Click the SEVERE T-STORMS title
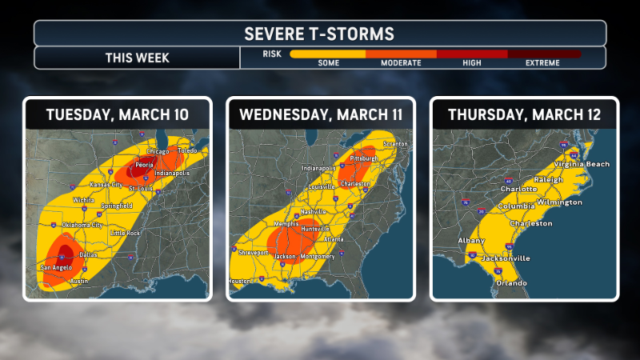point(319,34)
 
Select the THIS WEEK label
point(137,58)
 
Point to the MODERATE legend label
point(401,63)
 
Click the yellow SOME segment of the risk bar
point(327,54)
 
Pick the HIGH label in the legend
point(472,63)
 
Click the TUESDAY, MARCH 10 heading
point(117,114)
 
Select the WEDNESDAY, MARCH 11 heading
point(320,114)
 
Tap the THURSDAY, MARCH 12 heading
point(525,114)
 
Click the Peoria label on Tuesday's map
point(144,166)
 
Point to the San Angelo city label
point(57,267)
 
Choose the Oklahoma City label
point(75,225)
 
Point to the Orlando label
point(511,283)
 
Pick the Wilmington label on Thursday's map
point(560,202)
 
